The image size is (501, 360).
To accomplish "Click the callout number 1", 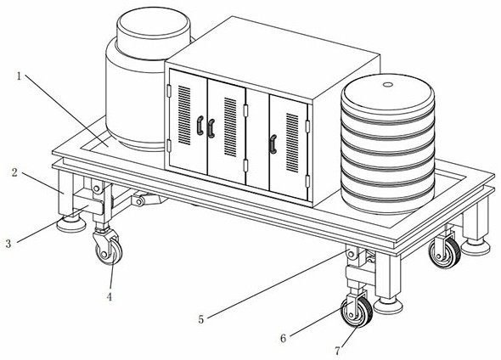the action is tap(19, 76).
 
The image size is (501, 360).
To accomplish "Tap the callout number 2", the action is tap(14, 173).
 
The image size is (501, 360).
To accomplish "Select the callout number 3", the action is tap(8, 244).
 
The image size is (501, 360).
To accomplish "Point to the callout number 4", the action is tap(110, 297).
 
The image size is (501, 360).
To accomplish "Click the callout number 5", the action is tap(201, 319).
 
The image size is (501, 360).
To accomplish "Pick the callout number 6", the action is tap(283, 338).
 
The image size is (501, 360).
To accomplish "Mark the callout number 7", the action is tap(338, 351).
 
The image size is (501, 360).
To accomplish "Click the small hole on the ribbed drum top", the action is tap(388, 85).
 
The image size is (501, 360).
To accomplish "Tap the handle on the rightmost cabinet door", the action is tap(273, 144).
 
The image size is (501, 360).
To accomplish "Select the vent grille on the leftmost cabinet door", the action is tap(184, 115).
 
